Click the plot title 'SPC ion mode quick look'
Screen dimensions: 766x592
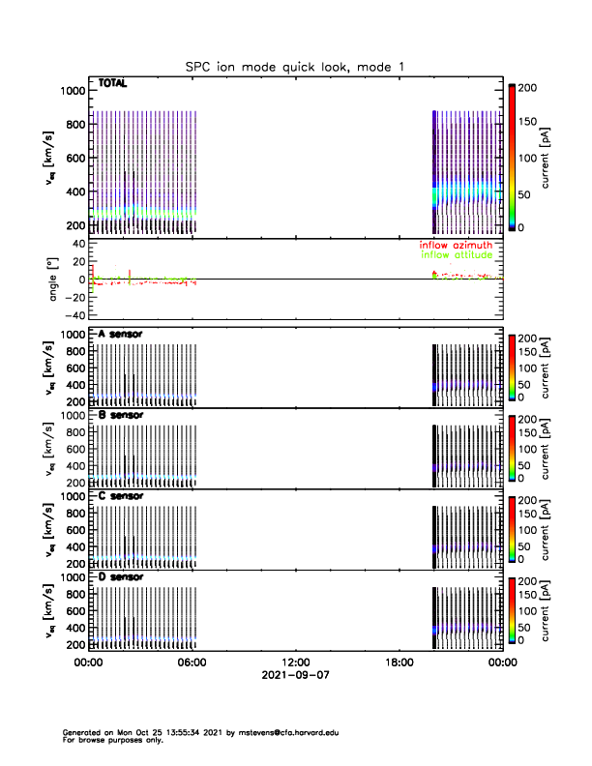point(272,67)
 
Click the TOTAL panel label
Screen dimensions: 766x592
point(113,84)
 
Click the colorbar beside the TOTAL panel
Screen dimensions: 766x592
point(512,158)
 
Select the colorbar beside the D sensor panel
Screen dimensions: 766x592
point(512,612)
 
